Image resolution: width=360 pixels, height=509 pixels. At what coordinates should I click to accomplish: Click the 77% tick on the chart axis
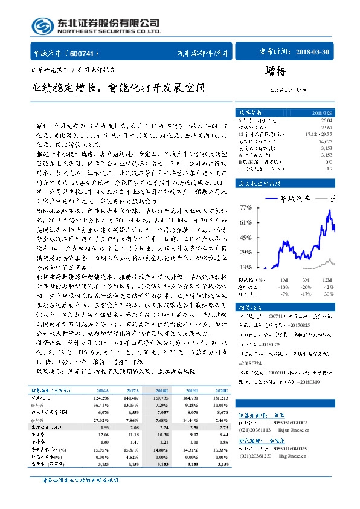tap(245, 207)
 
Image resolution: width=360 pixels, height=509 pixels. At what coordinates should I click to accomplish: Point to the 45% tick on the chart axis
tap(245, 237)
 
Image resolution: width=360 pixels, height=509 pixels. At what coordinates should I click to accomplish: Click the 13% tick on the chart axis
tap(245, 267)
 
